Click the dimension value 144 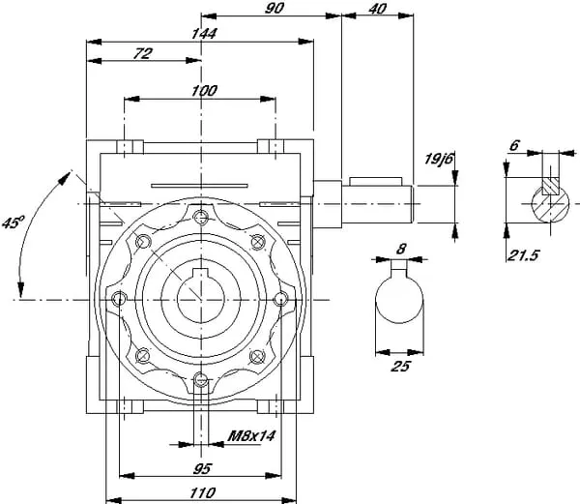[x=203, y=33]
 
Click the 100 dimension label [x=203, y=90]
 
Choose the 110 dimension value [x=201, y=493]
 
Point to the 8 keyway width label [x=400, y=249]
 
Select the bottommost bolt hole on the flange [x=200, y=379]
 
